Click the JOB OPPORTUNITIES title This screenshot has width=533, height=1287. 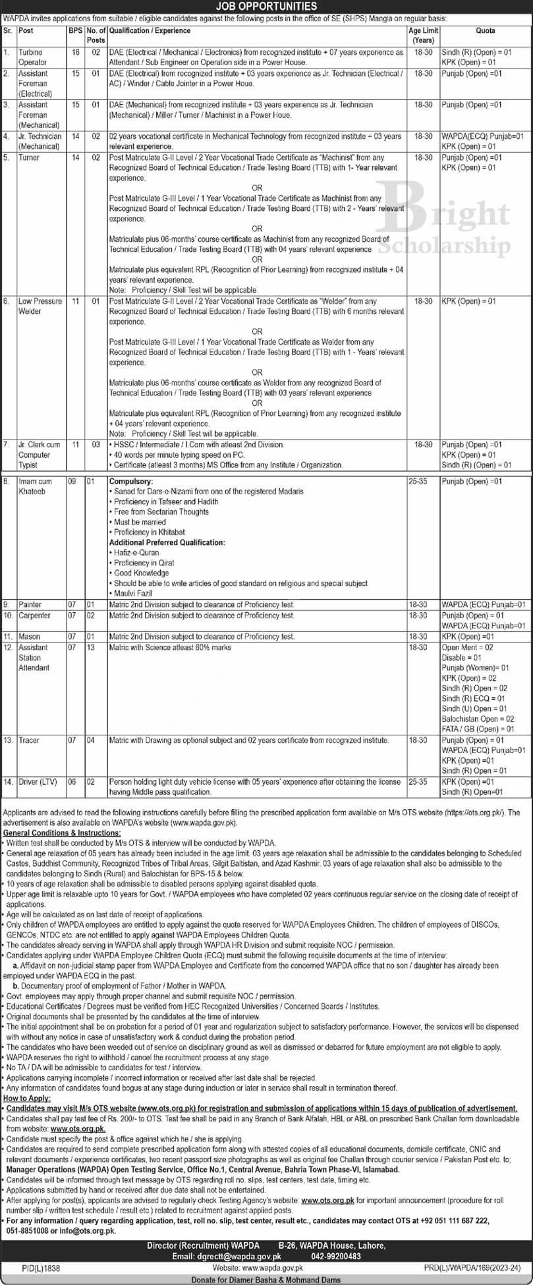(266, 7)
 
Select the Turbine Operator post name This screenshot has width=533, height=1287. (31, 56)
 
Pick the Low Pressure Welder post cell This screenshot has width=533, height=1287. (40, 306)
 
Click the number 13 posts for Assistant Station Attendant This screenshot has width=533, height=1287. (92, 647)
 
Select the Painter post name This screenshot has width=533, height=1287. (30, 604)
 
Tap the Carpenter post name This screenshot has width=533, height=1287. (34, 615)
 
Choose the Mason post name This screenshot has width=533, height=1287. (30, 637)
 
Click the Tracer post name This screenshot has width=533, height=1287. (29, 741)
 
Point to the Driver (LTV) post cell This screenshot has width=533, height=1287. (38, 782)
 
